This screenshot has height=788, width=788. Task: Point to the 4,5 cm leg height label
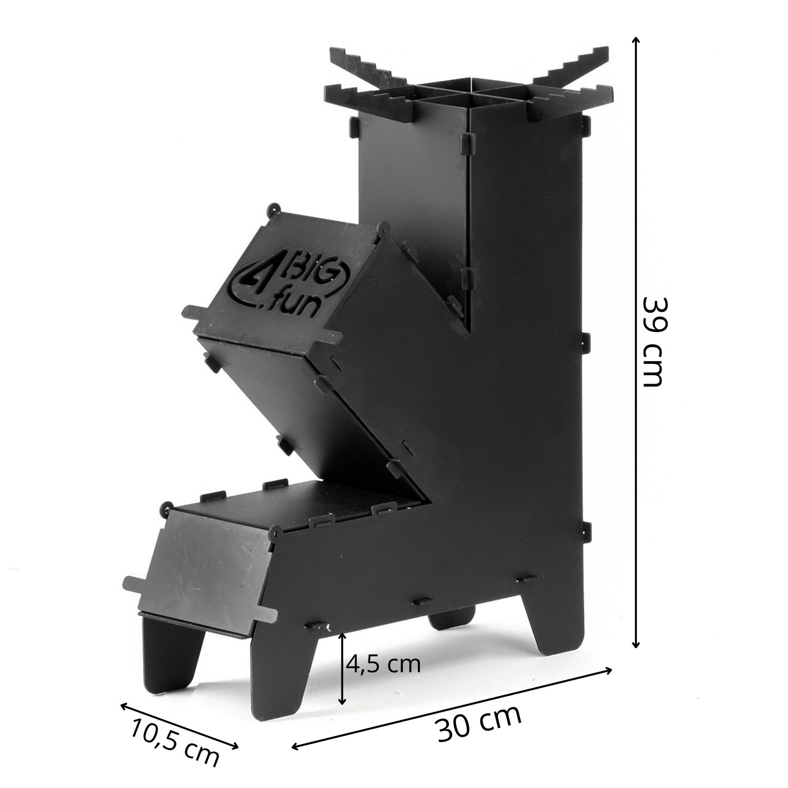[383, 664]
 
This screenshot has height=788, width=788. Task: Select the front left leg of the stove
[280, 675]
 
